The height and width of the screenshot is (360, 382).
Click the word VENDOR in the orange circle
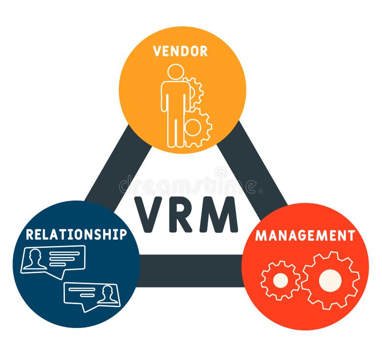(x=180, y=51)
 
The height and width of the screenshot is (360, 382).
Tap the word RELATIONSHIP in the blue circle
(x=76, y=234)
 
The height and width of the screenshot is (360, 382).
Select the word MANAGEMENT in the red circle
(x=305, y=236)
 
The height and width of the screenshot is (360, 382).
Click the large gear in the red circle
(x=330, y=281)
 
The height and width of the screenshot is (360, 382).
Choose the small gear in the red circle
(x=280, y=281)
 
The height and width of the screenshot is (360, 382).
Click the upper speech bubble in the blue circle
(x=53, y=260)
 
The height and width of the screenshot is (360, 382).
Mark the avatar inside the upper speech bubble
(x=34, y=259)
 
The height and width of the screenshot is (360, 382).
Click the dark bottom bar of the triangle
(x=191, y=270)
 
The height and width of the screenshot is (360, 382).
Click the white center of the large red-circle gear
(x=330, y=281)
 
